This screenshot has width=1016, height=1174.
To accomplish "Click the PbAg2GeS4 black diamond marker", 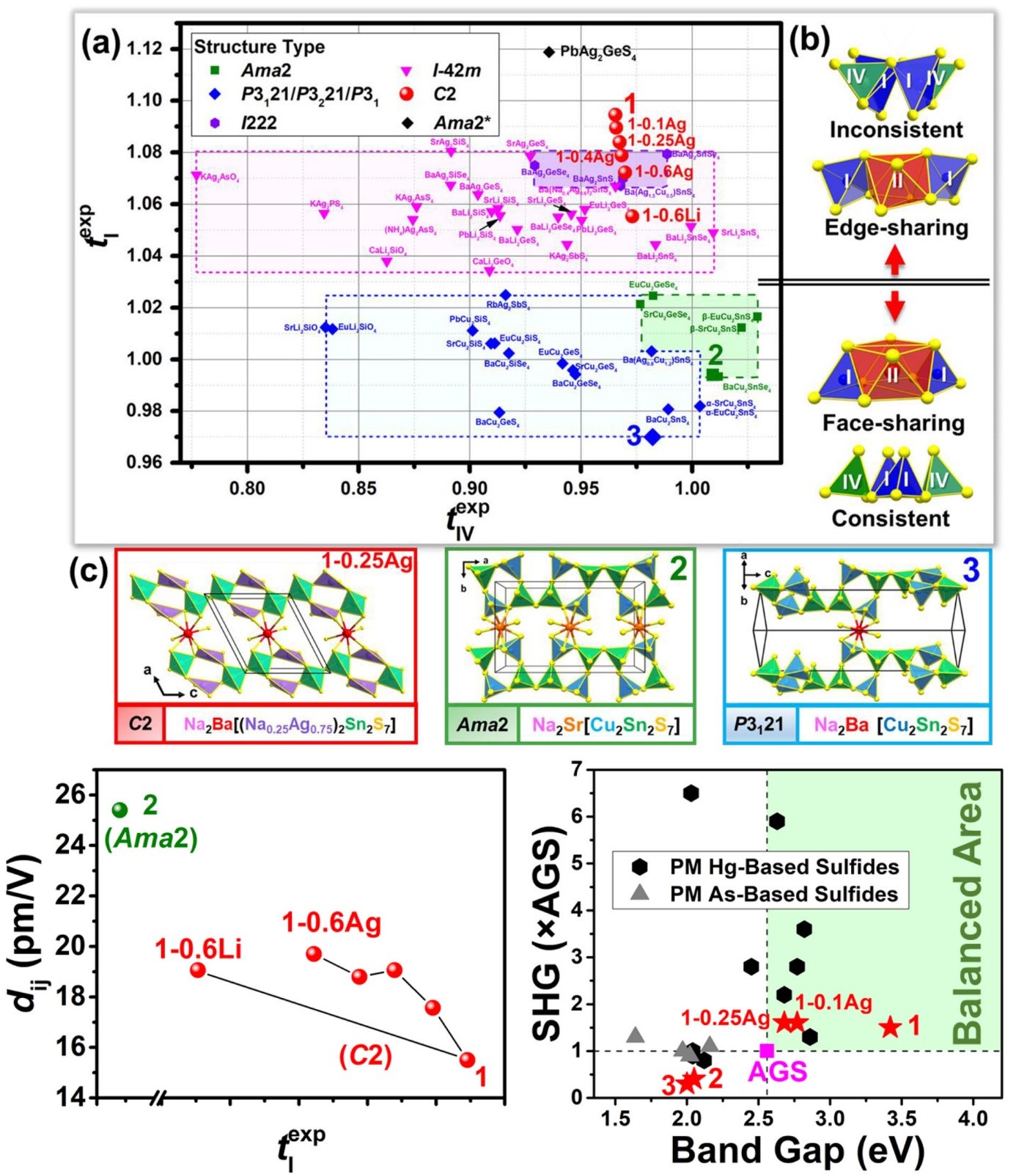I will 548,52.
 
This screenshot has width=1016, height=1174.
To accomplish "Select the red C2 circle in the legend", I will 407,94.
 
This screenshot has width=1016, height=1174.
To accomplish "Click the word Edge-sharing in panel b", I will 896,227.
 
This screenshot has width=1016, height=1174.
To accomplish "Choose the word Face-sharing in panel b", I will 893,423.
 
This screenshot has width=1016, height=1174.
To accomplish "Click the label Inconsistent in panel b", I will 896,130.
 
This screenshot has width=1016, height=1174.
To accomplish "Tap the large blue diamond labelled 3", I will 652,437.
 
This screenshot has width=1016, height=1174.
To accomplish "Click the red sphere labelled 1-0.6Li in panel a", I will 632,216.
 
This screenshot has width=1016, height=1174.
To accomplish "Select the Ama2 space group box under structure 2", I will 482,724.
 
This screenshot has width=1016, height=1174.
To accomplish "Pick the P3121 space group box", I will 759,724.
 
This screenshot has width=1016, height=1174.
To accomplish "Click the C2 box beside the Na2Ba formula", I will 140,724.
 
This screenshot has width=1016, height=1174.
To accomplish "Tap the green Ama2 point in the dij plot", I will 119,810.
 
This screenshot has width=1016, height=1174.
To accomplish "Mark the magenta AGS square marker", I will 767,1051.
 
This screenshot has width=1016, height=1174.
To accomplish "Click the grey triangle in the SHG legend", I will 640,892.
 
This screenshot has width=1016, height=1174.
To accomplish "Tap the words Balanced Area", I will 969,913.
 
